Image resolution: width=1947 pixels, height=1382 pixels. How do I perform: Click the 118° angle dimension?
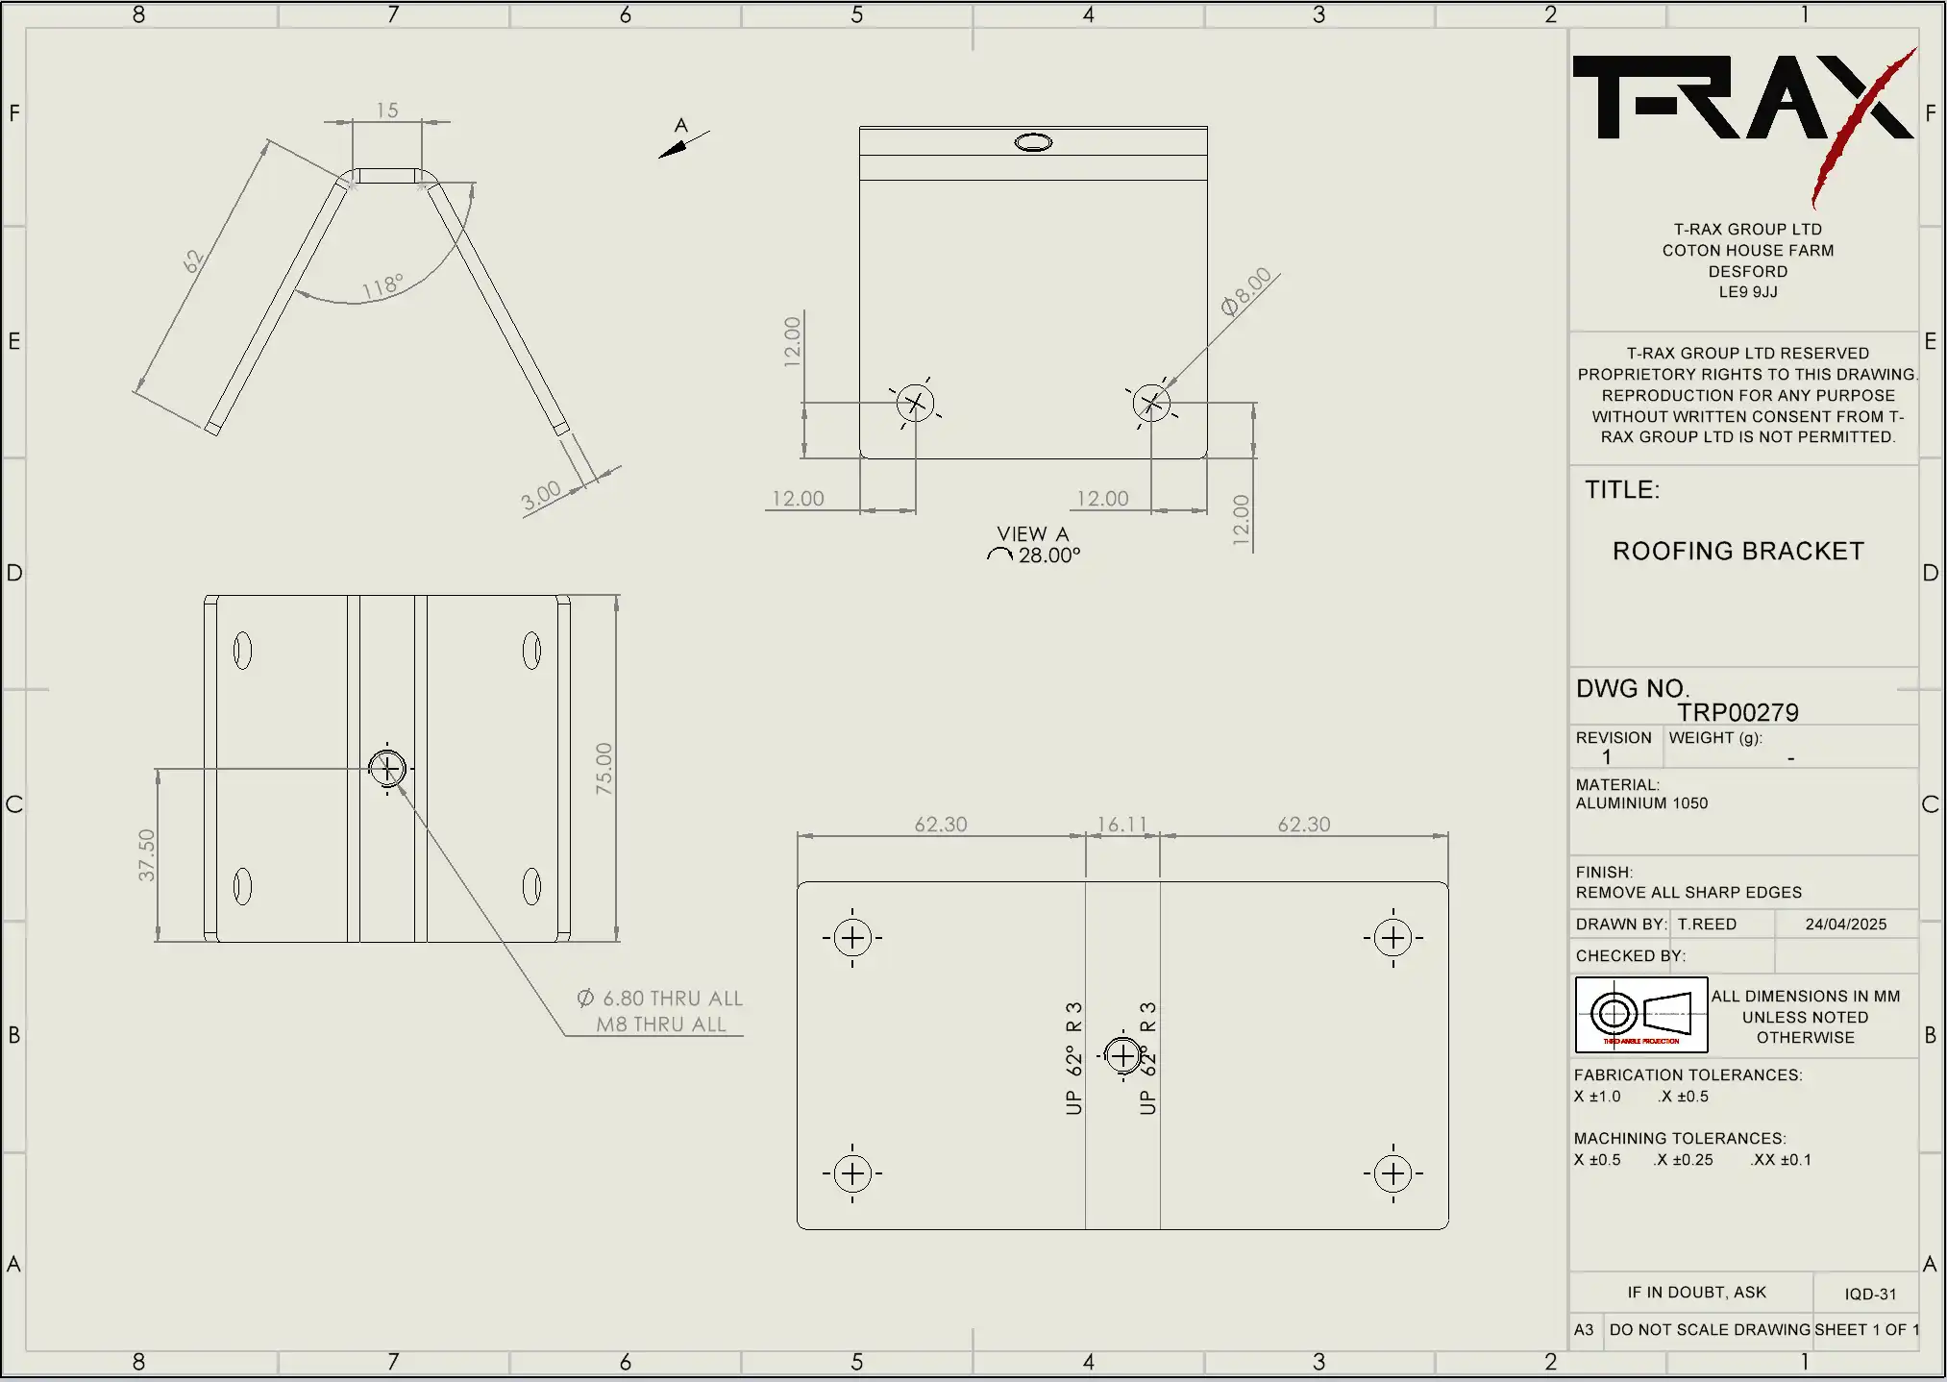(382, 286)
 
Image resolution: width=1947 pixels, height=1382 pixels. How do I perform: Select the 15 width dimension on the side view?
(387, 111)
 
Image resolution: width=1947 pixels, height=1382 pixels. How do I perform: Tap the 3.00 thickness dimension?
(541, 496)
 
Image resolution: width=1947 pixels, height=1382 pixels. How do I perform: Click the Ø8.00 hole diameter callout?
(1246, 291)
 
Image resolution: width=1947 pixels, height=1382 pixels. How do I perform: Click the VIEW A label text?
(1032, 533)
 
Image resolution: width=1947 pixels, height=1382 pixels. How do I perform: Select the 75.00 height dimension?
(604, 768)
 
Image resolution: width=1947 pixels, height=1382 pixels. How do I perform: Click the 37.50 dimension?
(146, 854)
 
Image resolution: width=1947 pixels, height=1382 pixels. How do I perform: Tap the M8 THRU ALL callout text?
(661, 1024)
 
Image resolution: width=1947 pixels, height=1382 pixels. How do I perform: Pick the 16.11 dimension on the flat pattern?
(1122, 825)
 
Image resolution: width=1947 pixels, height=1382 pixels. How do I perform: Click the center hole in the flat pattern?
(1122, 1055)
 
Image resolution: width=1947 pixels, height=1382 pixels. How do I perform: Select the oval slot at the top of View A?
(1033, 142)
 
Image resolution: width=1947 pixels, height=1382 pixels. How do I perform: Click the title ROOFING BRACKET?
(1738, 551)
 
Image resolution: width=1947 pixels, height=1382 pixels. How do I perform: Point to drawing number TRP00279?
(1738, 712)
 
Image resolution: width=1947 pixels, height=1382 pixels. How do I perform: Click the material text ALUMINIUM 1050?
(1641, 803)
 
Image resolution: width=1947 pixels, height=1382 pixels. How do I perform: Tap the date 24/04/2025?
(1845, 924)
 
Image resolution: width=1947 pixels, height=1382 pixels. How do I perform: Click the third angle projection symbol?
(1641, 1014)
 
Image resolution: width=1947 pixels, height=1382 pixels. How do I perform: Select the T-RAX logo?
(1741, 106)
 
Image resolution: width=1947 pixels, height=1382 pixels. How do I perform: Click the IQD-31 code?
(1869, 1294)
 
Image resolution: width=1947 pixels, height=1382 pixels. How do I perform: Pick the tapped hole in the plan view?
(387, 768)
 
